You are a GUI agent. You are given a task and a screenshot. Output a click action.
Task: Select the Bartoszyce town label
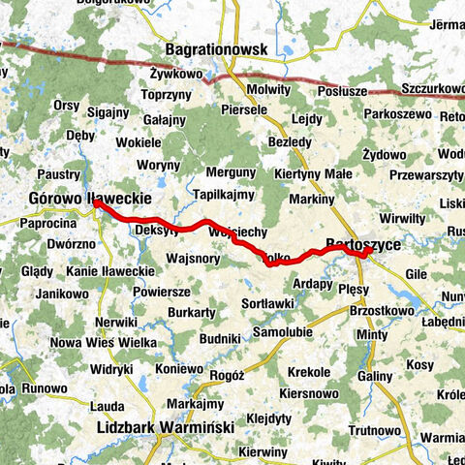362,244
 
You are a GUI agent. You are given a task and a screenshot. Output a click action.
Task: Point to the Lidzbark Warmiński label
160,425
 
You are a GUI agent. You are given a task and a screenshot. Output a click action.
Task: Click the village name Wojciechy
237,233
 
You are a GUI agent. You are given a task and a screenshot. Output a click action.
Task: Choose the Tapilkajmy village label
223,195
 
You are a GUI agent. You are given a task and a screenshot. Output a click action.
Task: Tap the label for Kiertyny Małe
313,174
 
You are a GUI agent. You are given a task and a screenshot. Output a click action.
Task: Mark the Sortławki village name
266,304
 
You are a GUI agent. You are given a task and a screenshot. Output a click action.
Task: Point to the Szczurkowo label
432,88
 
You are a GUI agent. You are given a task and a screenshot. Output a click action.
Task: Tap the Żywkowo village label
175,73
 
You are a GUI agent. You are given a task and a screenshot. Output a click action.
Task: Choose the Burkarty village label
190,313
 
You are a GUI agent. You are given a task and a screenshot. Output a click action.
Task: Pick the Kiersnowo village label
307,394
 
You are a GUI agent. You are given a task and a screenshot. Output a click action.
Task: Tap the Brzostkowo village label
375,312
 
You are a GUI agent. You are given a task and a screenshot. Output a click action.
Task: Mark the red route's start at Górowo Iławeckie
97,204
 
